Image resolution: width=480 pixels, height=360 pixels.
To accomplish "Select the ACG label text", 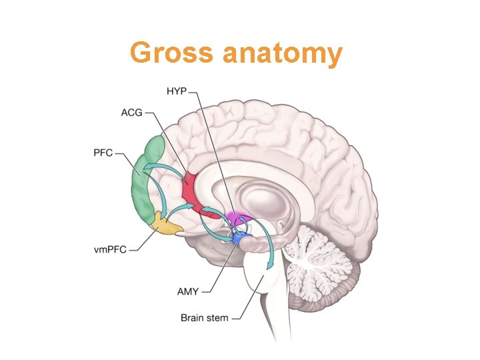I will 131,113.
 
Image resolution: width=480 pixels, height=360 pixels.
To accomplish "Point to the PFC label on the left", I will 103,153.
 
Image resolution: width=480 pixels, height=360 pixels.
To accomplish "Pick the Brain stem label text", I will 204,317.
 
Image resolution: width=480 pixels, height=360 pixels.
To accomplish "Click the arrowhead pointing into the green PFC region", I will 150,167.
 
